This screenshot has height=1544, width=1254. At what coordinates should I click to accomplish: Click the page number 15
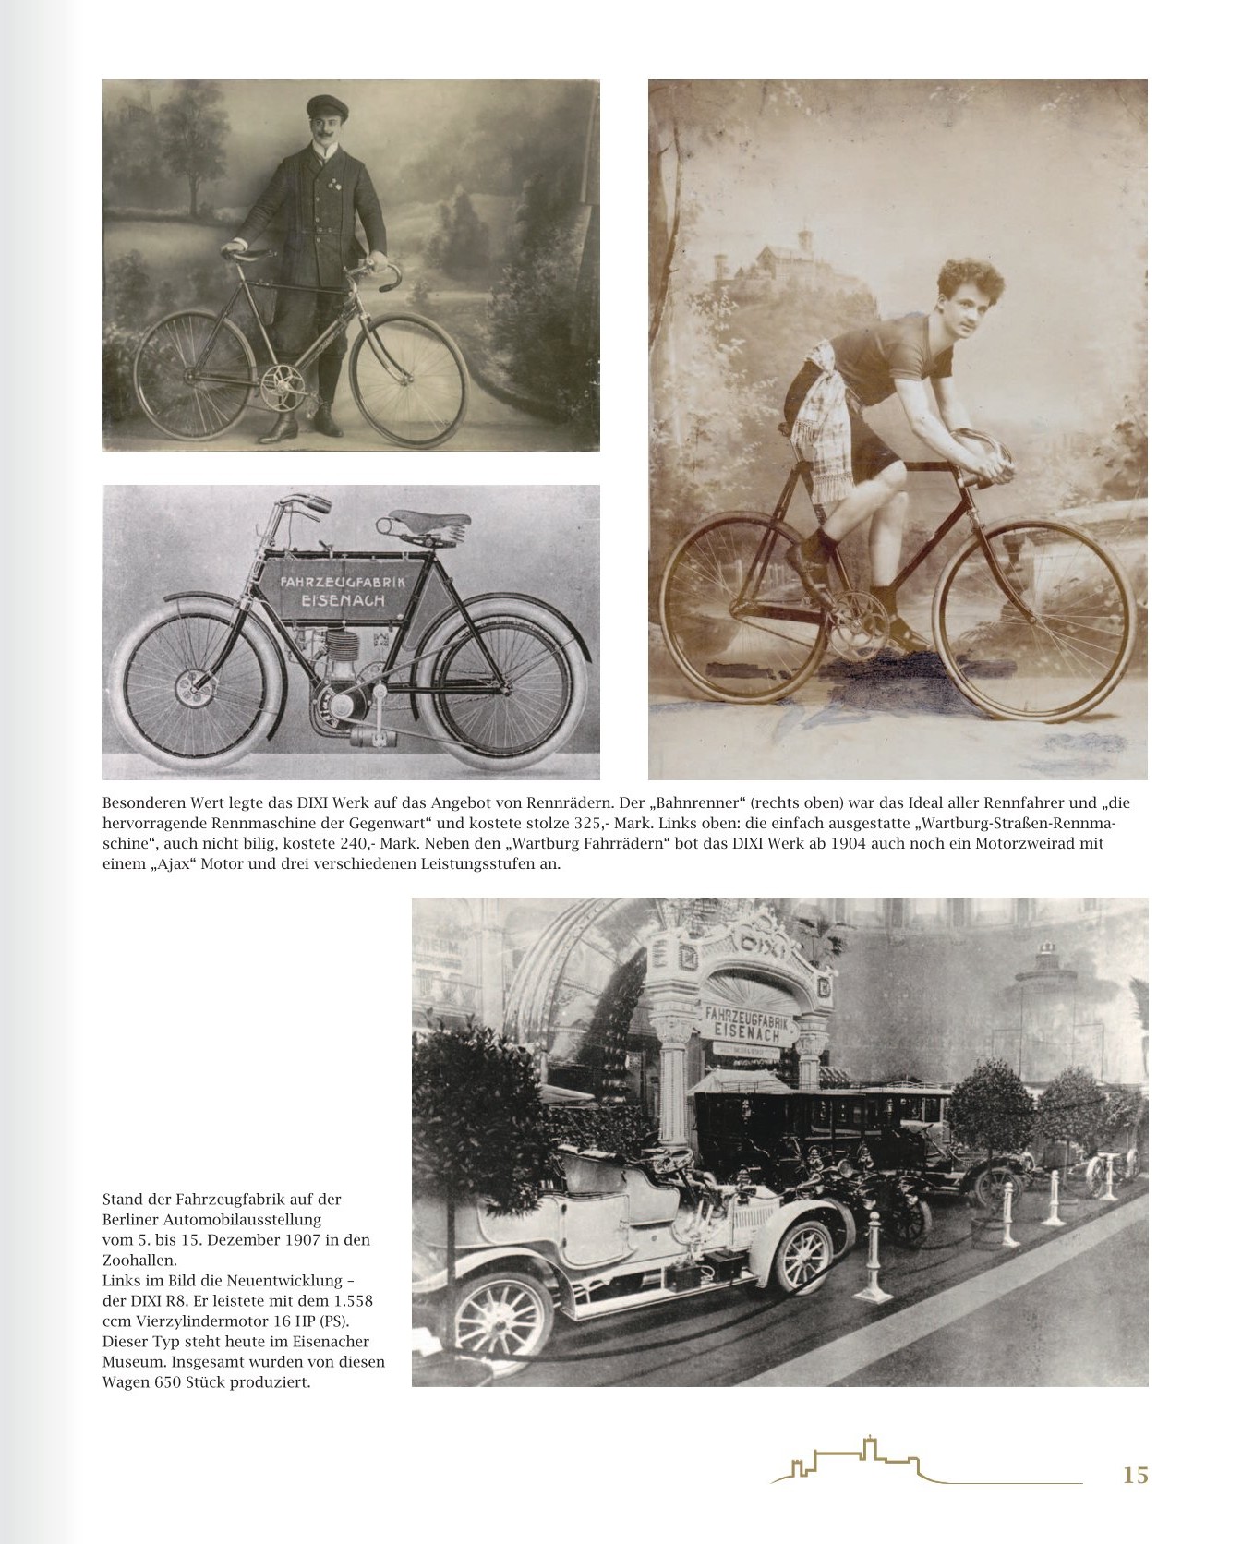[1135, 1475]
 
